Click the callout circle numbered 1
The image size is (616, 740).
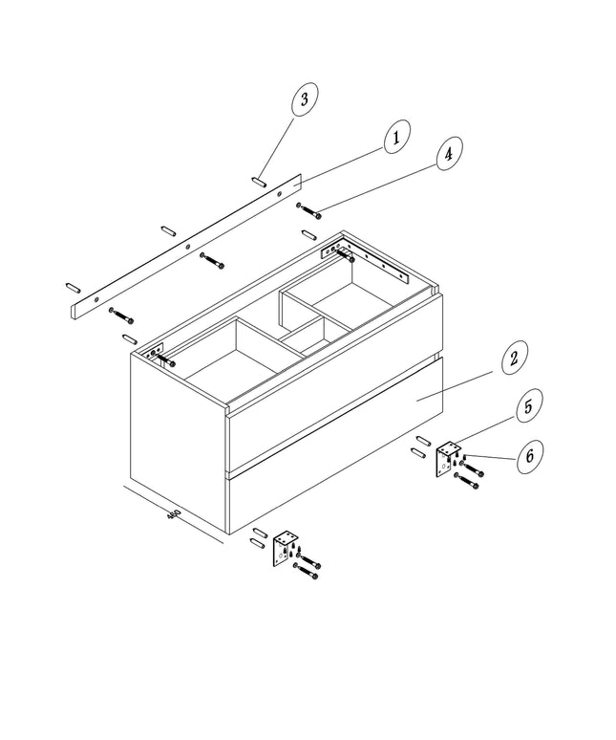[397, 137]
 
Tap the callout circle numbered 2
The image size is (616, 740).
[514, 358]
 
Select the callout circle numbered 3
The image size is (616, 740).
[305, 99]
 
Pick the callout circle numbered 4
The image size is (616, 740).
[449, 153]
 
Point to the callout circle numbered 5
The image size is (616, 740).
[529, 405]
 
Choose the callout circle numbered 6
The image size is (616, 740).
[530, 456]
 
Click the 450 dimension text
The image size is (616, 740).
[174, 514]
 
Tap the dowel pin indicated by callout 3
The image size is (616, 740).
[260, 182]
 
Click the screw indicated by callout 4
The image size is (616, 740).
[309, 210]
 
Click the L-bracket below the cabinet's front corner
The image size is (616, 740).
[285, 549]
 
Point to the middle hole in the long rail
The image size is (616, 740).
[187, 246]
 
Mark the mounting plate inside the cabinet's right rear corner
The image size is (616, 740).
[363, 261]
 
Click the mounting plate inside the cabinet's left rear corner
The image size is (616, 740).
[154, 352]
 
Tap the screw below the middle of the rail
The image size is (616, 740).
[212, 261]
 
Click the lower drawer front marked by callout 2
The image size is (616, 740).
[335, 446]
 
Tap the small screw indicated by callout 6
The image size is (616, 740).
[465, 456]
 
